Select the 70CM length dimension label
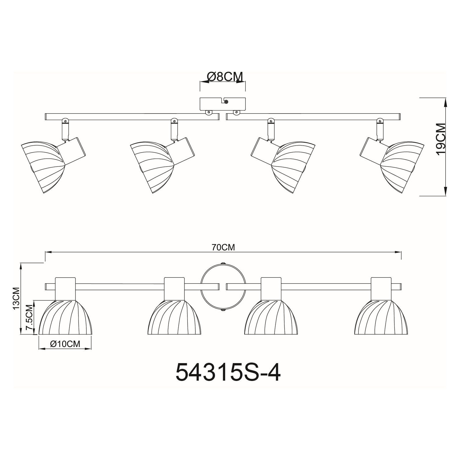(223, 247)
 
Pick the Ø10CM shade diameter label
(65, 344)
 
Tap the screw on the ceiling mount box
(226, 101)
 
